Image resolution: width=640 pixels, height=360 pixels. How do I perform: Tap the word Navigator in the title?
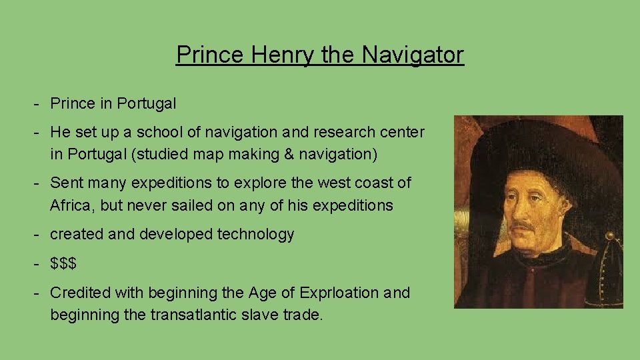point(413,55)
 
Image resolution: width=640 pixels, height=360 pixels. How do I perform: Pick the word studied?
point(162,155)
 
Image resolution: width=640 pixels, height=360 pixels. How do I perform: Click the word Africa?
point(71,205)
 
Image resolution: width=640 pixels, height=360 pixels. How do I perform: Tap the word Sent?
point(65,183)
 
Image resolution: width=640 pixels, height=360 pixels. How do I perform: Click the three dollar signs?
point(63,263)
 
